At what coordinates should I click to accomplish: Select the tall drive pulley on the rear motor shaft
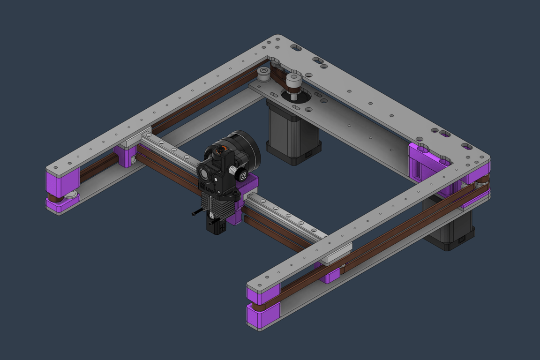pyautogui.click(x=293, y=84)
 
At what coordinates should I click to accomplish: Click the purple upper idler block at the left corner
pyautogui.click(x=63, y=181)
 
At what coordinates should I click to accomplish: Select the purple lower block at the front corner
pyautogui.click(x=262, y=314)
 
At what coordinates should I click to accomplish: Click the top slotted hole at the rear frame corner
pyautogui.click(x=296, y=47)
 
